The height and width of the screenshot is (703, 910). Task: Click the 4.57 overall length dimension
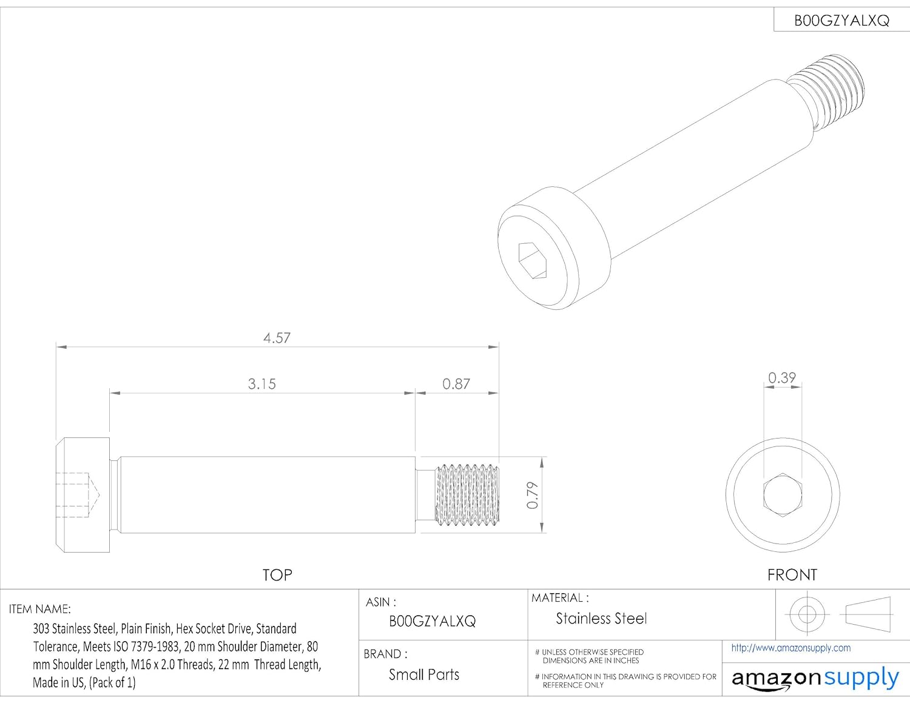[277, 338]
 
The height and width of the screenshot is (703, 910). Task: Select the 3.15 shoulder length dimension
[261, 384]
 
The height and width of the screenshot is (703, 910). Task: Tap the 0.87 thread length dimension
[456, 384]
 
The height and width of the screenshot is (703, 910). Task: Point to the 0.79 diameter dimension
[532, 495]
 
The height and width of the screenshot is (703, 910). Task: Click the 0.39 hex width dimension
[781, 378]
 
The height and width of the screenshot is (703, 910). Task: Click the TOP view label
[277, 575]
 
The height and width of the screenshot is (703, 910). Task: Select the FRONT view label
[792, 575]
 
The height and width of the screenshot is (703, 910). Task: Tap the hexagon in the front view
[783, 495]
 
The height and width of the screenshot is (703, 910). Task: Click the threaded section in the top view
[467, 494]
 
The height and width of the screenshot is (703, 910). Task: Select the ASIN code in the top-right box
[841, 21]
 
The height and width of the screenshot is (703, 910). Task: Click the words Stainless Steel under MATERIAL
[601, 619]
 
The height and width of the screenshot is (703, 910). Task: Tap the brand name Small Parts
[424, 674]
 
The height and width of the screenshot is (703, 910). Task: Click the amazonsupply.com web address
[790, 648]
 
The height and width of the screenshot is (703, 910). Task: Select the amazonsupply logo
[815, 678]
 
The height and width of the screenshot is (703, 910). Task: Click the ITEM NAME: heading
[40, 609]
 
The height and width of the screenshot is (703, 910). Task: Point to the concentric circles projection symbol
[807, 614]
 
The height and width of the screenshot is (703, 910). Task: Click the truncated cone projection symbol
[868, 614]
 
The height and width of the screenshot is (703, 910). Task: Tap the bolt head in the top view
[83, 495]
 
